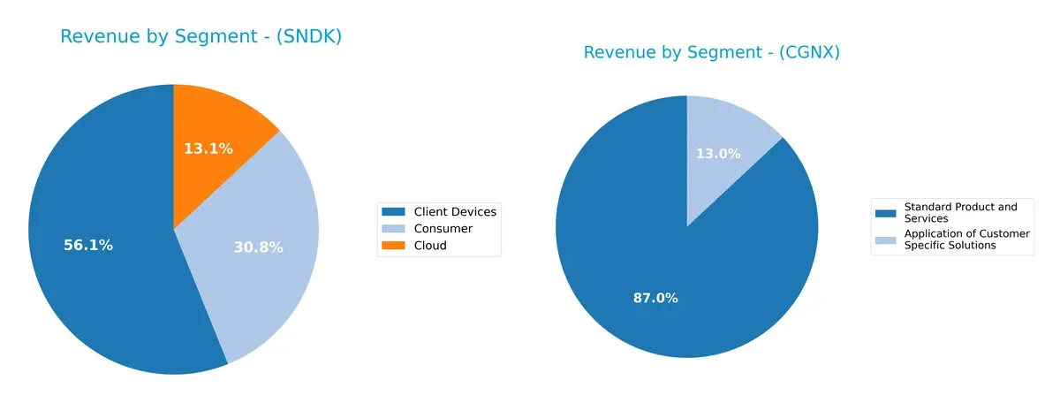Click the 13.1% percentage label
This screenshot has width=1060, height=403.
coord(208,148)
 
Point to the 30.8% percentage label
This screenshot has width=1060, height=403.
coord(258,248)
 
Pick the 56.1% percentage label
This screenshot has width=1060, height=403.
coord(88,246)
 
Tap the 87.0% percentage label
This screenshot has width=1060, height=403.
coord(655,298)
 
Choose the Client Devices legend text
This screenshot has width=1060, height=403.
coord(455,211)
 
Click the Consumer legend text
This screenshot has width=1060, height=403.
coord(443,228)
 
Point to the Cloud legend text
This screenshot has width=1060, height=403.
coord(430,246)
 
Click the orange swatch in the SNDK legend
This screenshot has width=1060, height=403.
coord(392,246)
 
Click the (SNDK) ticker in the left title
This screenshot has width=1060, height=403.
coord(310,37)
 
